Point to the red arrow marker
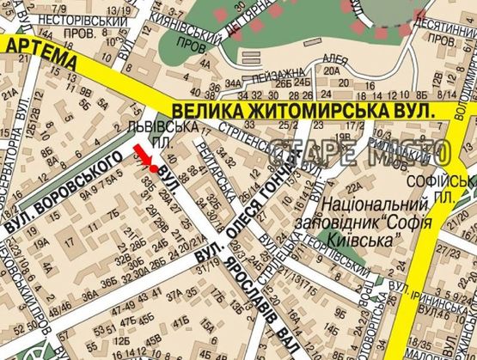(x=143, y=158)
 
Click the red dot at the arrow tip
(x=153, y=168)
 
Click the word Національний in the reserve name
(x=376, y=205)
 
